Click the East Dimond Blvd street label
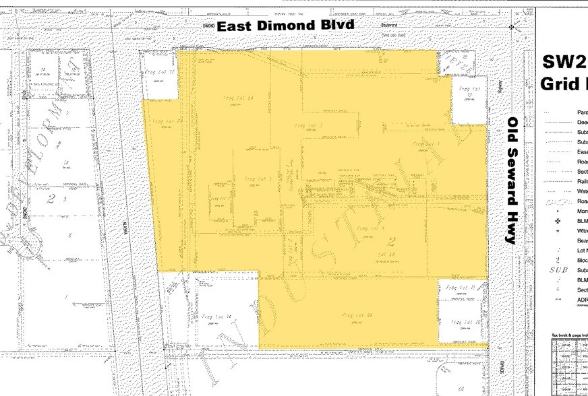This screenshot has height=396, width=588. [x=285, y=26]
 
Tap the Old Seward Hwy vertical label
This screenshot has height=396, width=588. [x=513, y=180]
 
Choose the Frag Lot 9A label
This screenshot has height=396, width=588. [x=357, y=315]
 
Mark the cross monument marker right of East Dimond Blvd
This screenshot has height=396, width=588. [x=512, y=28]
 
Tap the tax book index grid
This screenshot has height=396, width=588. [x=568, y=367]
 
